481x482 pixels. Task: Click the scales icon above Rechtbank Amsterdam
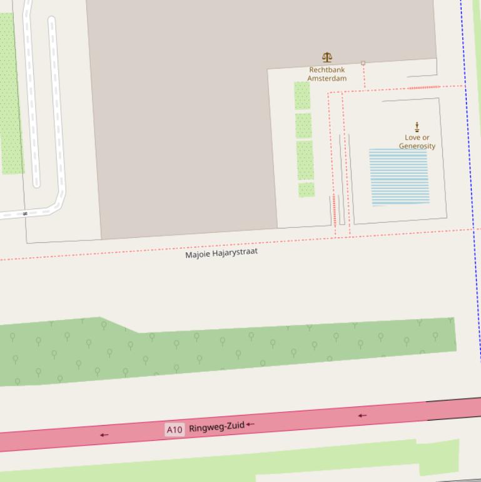coord(327,58)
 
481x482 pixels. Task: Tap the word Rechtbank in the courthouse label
coord(327,70)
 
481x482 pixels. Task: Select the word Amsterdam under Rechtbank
coord(327,79)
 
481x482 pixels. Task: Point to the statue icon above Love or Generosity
coord(417,127)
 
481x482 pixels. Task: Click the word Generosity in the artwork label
coord(417,146)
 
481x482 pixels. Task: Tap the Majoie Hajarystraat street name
coord(221,254)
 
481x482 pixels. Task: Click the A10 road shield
coord(174,429)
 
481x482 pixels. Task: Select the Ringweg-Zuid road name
coord(216,426)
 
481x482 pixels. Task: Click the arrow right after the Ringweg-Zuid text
coord(250,424)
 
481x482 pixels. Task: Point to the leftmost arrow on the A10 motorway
coord(104,434)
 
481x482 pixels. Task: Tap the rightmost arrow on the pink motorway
coord(362,415)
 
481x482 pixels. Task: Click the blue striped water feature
coord(399,177)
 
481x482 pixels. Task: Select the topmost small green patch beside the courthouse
coord(302,96)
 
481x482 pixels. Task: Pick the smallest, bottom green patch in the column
coord(306,190)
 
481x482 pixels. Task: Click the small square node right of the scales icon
coord(363,63)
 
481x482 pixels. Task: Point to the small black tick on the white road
coord(25,213)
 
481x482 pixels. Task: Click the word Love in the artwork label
coord(412,138)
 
